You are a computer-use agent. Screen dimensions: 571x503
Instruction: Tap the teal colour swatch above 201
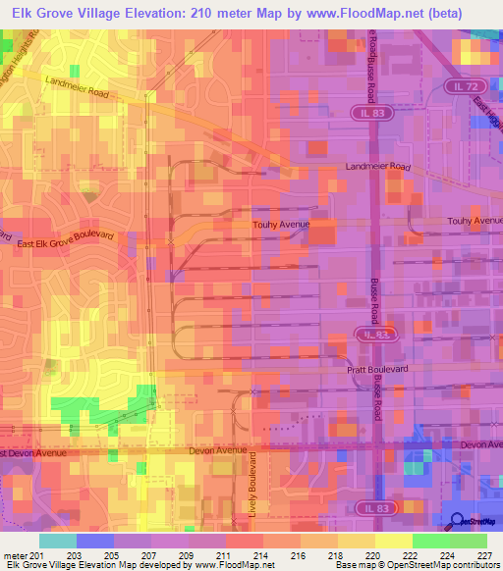pyautogui.click(x=59, y=541)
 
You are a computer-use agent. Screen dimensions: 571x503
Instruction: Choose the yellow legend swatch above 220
pyautogui.click(x=357, y=541)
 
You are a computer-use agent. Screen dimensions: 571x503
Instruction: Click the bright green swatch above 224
pyautogui.click(x=431, y=541)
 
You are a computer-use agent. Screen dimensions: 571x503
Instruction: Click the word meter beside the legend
pyautogui.click(x=15, y=554)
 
